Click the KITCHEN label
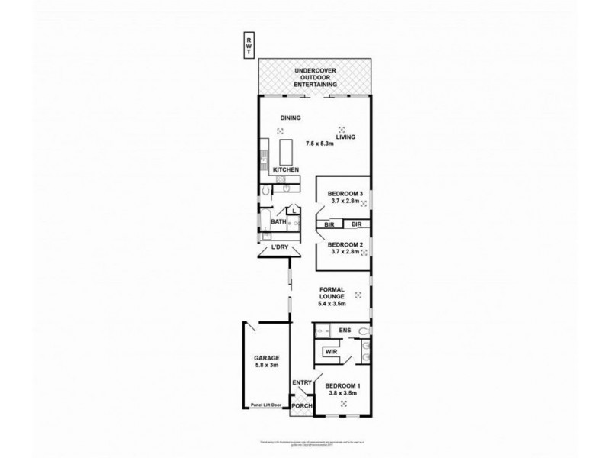pos(286,169)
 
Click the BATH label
pos(278,222)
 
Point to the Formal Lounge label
pos(332,293)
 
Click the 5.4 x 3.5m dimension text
pos(332,305)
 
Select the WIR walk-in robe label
pos(331,352)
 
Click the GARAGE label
pos(268,358)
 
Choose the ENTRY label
pos(302,383)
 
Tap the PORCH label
pos(303,406)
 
